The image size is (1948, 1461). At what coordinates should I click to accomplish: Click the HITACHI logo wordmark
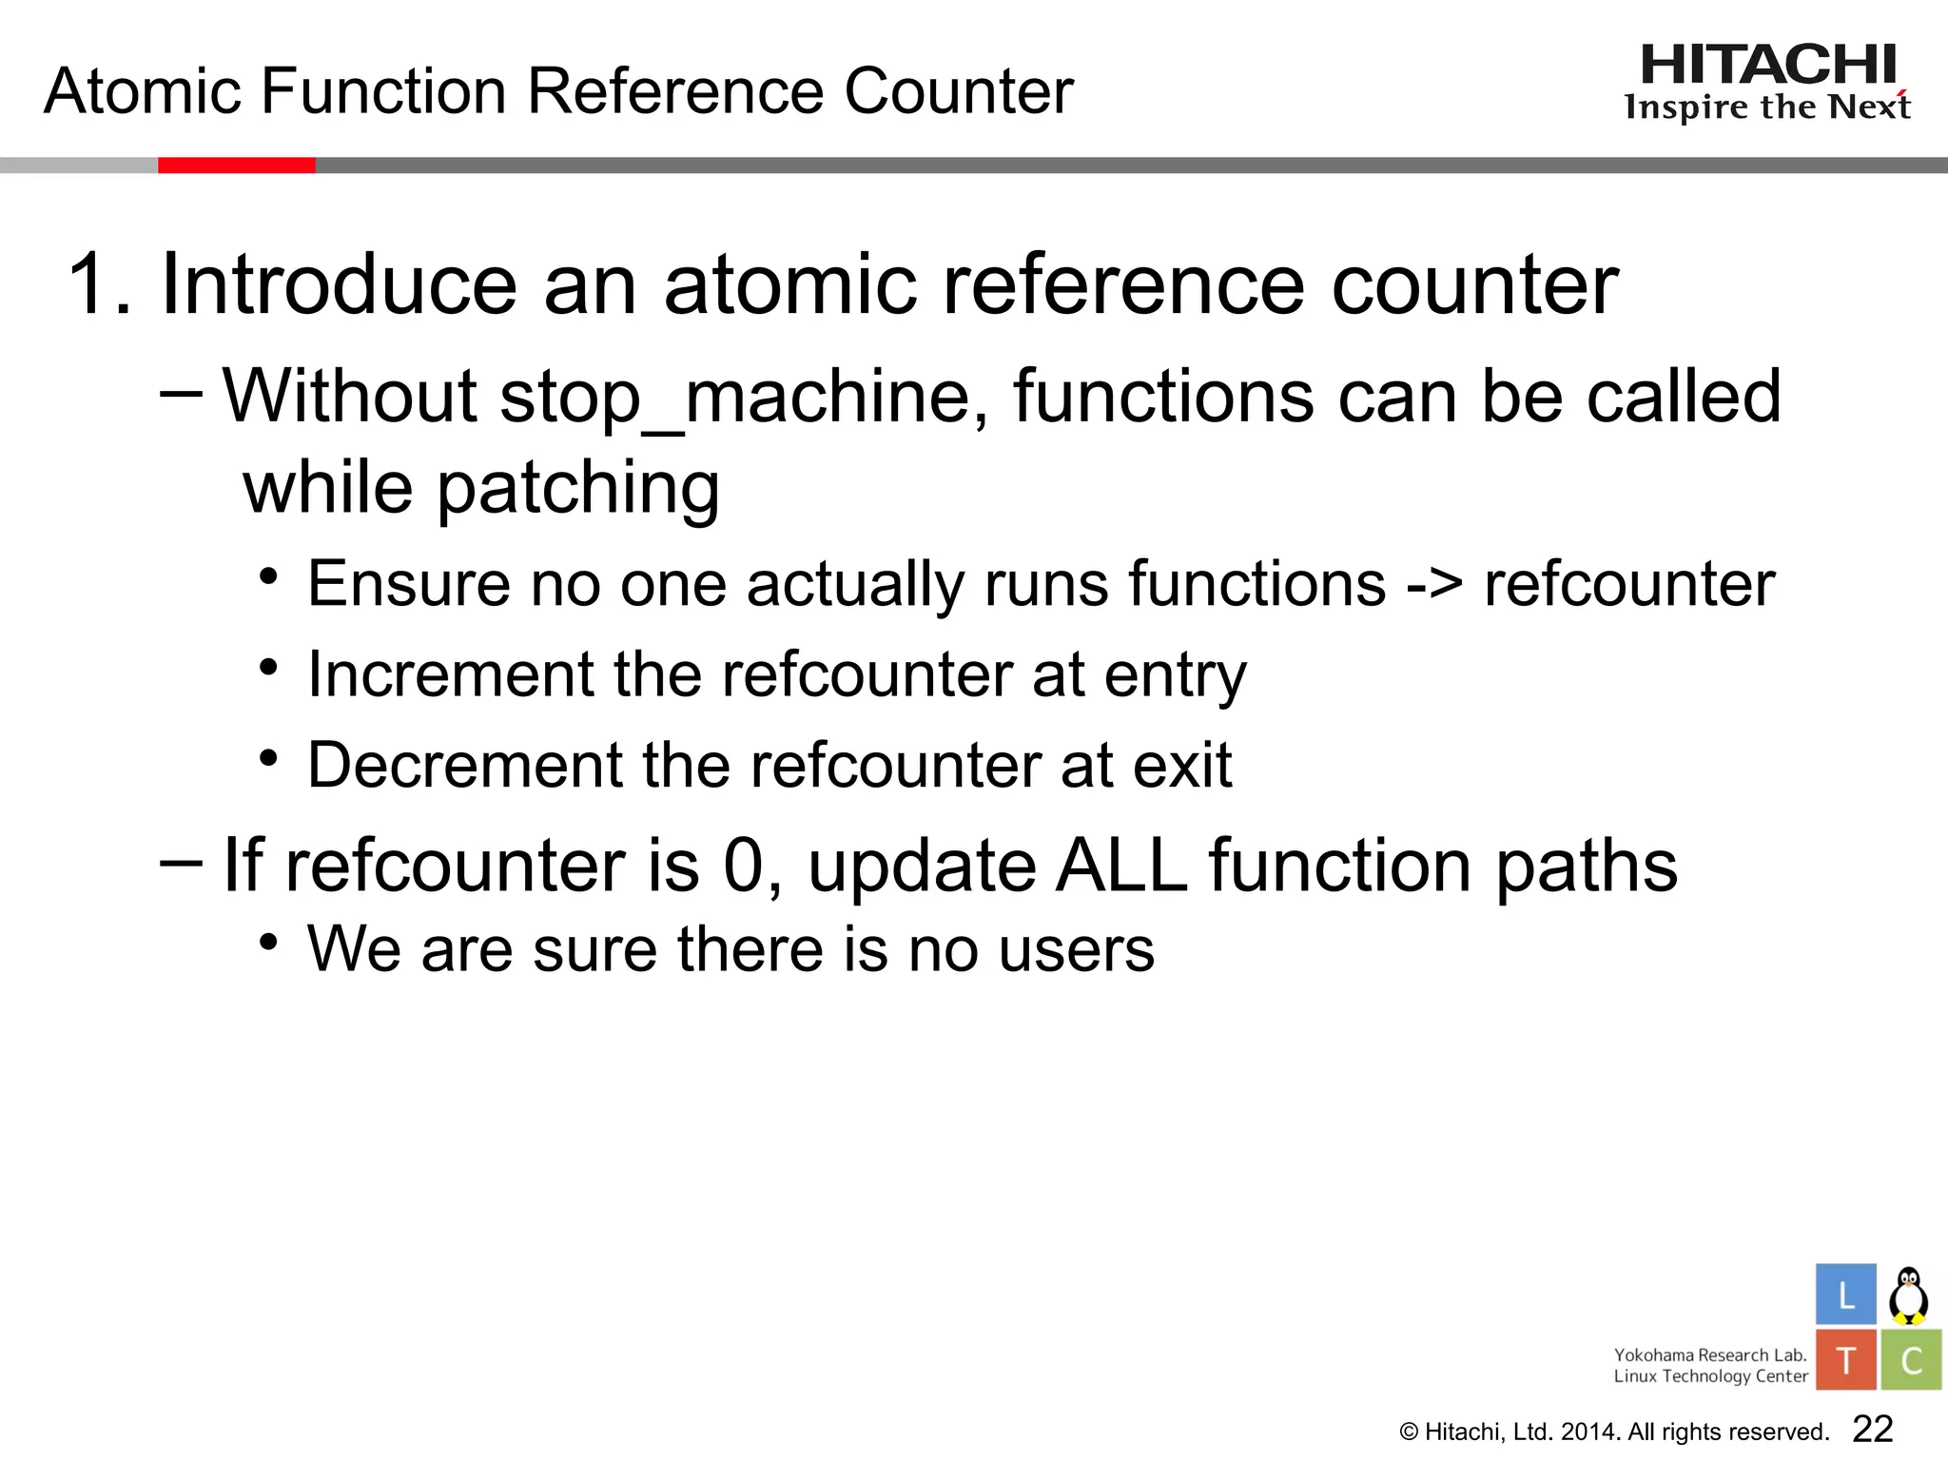coord(1768,66)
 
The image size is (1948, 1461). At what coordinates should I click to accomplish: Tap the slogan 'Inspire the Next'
coord(1767,107)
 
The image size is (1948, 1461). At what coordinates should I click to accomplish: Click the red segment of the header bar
coord(236,166)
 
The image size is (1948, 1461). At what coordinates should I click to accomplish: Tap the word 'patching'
coord(577,488)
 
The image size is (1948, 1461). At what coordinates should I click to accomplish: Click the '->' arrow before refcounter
coord(1433,583)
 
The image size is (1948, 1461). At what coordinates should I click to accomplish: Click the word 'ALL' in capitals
coord(1122,866)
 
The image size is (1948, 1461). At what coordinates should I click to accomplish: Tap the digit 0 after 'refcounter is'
coord(744,866)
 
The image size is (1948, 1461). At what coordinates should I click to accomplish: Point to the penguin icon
coord(1908,1295)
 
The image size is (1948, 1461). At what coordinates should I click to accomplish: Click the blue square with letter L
coord(1845,1295)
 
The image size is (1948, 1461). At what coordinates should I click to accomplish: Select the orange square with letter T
coord(1845,1360)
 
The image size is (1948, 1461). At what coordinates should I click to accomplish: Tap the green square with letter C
coord(1911,1360)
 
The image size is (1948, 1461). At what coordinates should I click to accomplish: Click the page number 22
coord(1873,1429)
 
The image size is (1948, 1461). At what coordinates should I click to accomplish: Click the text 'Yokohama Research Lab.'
coord(1709,1354)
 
